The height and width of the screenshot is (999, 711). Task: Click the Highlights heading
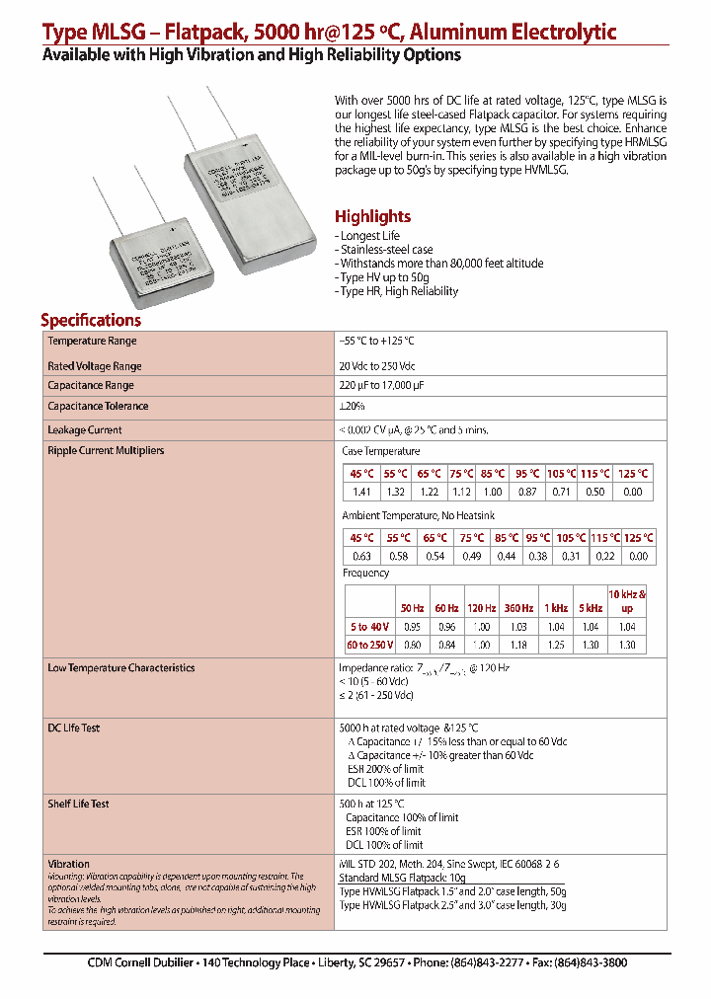point(372,217)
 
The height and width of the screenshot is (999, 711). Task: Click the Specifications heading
point(91,320)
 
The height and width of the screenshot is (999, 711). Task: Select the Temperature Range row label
point(93,341)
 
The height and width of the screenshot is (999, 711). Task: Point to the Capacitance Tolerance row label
point(98,406)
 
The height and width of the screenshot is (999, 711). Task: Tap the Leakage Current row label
point(85,430)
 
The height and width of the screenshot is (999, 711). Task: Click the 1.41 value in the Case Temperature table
point(361,492)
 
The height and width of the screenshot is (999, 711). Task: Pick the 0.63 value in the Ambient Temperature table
point(361,556)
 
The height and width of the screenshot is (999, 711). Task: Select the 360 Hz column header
point(518,608)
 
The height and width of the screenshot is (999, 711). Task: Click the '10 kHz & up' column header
point(627,601)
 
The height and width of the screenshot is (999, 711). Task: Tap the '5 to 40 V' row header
point(370,627)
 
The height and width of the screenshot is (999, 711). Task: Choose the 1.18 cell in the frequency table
point(518,645)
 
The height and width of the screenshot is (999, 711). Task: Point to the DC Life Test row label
point(74,729)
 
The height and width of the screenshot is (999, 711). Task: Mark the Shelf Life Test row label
point(78,804)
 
